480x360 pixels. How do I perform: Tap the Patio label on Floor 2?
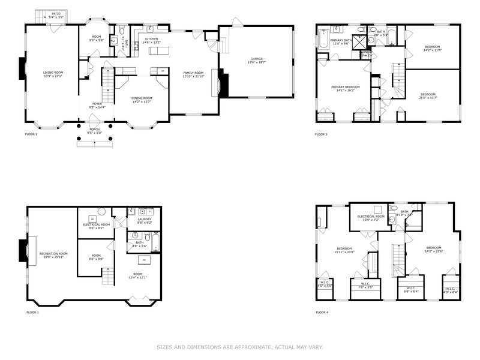coord(55,13)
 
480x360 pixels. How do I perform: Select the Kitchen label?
coord(151,39)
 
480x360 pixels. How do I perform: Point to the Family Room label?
coord(193,73)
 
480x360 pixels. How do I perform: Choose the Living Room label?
coord(53,73)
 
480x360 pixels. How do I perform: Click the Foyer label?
coord(97,103)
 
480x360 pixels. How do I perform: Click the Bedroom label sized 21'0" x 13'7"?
coord(427,94)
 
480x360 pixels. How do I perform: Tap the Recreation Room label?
coord(53,254)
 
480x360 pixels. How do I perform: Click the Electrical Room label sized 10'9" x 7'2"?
coord(371,216)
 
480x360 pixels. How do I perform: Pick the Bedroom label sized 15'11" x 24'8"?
coord(344,248)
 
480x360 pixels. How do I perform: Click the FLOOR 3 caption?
coord(322,134)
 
